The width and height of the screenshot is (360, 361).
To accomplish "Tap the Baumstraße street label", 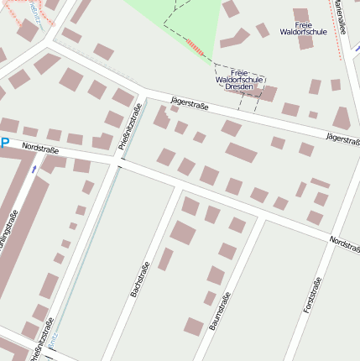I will click(219, 310).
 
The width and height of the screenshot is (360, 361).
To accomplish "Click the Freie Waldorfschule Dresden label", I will click(239, 80).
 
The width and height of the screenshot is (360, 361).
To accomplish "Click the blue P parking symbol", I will click(4, 144).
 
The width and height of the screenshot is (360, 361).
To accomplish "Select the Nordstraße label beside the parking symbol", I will click(39, 148).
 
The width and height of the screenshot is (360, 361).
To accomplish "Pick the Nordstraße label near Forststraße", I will click(343, 243).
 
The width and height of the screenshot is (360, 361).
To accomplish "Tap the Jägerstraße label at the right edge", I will click(342, 137).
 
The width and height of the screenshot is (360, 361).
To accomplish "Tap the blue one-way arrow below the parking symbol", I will click(34, 169).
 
